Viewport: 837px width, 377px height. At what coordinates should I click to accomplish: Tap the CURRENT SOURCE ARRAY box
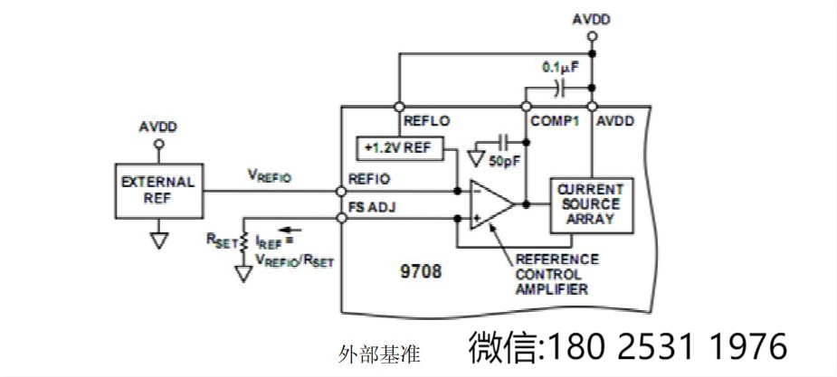[592, 204]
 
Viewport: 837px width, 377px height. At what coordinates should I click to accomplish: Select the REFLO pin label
[426, 120]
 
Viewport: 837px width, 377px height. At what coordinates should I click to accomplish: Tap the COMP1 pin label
[554, 120]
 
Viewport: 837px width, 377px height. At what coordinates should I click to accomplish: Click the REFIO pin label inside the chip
[369, 179]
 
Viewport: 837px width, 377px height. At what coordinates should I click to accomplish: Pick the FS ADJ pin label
[371, 207]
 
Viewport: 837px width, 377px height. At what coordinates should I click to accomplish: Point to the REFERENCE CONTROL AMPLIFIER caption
[554, 273]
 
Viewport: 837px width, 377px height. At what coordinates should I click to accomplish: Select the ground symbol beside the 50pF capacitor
[477, 158]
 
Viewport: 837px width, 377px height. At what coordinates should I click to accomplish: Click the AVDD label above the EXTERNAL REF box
[158, 126]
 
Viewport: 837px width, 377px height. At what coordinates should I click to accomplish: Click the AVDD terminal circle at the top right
[592, 37]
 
